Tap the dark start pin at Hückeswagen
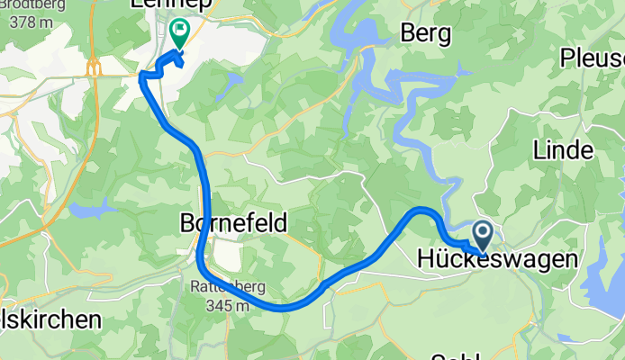pyautogui.click(x=483, y=237)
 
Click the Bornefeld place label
pyautogui.click(x=234, y=221)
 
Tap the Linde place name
pyautogui.click(x=563, y=148)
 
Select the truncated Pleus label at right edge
pyautogui.click(x=593, y=59)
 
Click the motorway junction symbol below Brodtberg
pyautogui.click(x=93, y=67)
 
